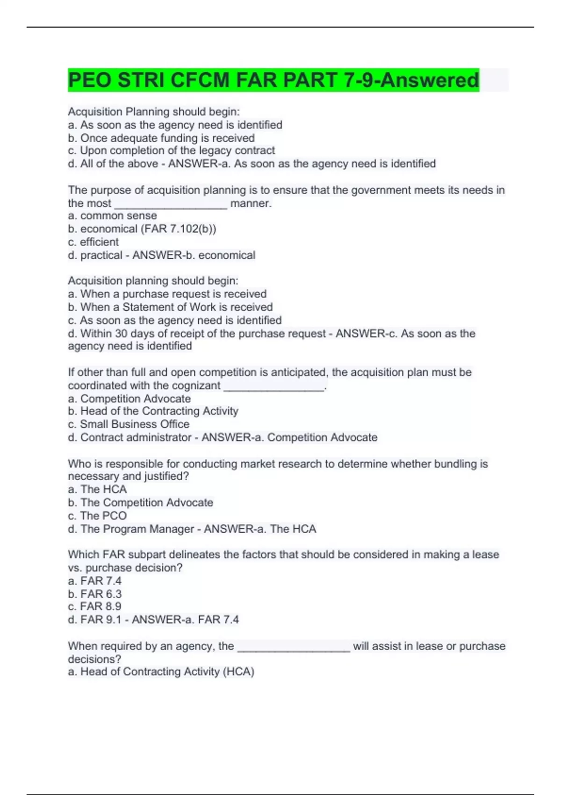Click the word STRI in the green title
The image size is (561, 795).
pyautogui.click(x=139, y=80)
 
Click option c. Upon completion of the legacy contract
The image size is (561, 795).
pyautogui.click(x=171, y=151)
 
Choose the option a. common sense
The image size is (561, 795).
pyautogui.click(x=112, y=216)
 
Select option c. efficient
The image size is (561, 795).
pyautogui.click(x=93, y=242)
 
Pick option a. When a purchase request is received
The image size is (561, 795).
pyautogui.click(x=167, y=294)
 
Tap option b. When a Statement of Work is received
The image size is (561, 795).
pyautogui.click(x=170, y=307)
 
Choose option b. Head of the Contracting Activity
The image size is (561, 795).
pyautogui.click(x=153, y=411)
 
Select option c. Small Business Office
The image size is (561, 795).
pyautogui.click(x=129, y=424)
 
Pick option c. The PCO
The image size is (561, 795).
pyautogui.click(x=97, y=515)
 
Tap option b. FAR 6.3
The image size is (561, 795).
pyautogui.click(x=95, y=594)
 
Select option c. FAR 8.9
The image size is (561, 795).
pyautogui.click(x=94, y=606)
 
